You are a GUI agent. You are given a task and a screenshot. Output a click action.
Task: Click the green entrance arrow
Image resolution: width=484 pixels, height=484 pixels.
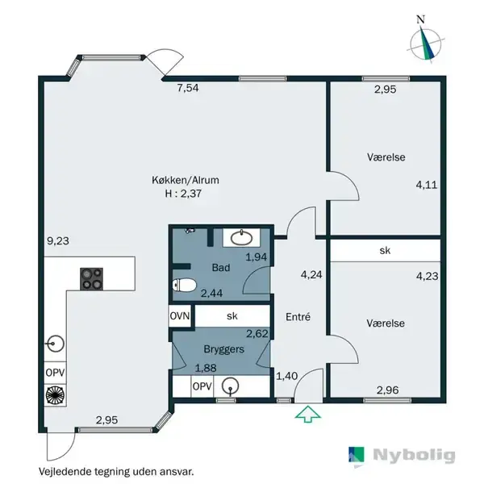tap(308, 415)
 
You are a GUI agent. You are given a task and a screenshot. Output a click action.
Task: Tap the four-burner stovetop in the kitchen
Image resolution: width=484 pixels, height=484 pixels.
tap(91, 279)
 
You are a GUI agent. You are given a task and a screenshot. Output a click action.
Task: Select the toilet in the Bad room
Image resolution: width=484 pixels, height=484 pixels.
tap(184, 285)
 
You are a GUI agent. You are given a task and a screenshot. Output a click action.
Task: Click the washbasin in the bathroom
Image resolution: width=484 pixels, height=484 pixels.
tap(242, 238)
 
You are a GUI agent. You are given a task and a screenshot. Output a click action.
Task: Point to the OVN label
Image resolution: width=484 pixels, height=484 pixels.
tap(180, 316)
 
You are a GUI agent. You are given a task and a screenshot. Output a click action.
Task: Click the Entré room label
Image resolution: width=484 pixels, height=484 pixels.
tap(298, 317)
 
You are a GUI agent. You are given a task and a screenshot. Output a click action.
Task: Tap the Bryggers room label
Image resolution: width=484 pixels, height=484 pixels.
tap(223, 349)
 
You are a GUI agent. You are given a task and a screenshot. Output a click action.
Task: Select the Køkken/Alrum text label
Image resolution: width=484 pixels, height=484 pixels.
tap(186, 180)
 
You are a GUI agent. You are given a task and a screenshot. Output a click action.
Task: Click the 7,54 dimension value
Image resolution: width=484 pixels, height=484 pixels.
tap(188, 88)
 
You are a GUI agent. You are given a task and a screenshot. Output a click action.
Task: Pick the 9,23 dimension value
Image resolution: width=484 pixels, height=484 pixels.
tap(58, 240)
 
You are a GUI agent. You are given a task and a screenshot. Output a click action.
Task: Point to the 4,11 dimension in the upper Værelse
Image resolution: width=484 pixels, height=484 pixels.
tap(427, 185)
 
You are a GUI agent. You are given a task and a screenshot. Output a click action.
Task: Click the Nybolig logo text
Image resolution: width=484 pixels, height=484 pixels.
tap(414, 455)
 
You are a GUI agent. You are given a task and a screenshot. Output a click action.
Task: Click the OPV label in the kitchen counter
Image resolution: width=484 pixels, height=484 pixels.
tap(55, 373)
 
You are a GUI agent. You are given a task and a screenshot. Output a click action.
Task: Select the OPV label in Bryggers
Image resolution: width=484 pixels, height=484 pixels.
tap(202, 386)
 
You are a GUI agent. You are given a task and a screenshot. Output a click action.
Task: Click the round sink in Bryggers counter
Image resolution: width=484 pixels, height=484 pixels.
tap(230, 386)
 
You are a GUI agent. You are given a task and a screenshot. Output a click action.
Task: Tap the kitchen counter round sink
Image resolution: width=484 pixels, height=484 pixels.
tap(55, 344)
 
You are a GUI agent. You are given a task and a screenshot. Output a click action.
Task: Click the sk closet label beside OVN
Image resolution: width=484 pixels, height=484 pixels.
tap(232, 315)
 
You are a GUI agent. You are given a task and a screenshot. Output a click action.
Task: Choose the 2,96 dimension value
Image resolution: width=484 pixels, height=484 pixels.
tap(388, 390)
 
